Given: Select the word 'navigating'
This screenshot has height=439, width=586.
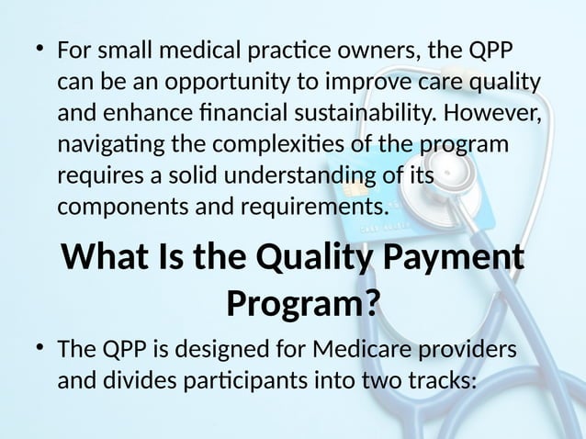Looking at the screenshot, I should coord(103,147).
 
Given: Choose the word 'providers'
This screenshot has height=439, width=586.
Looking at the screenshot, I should coord(469,350).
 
